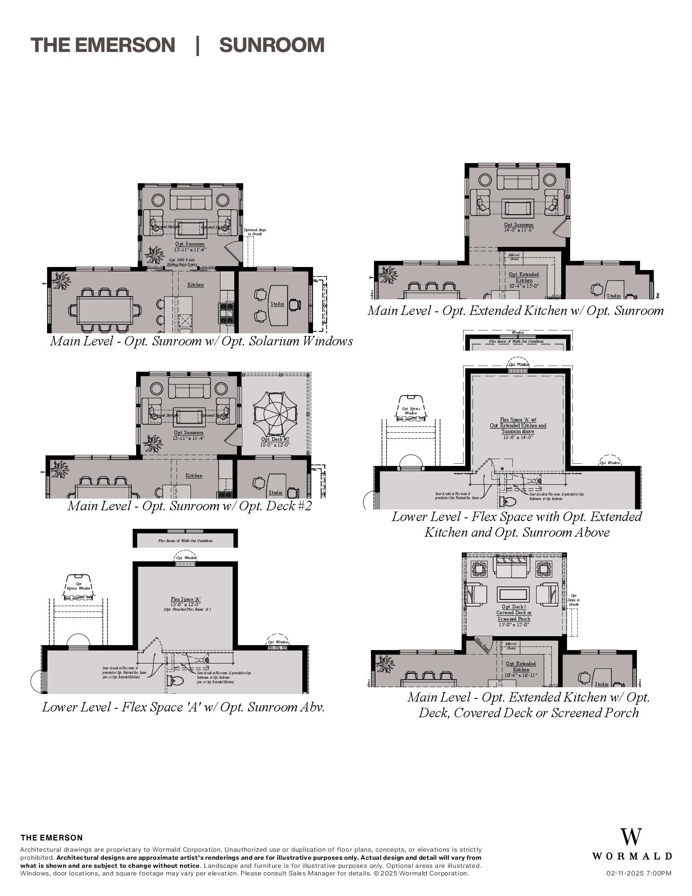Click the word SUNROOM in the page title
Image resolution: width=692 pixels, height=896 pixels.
click(x=271, y=45)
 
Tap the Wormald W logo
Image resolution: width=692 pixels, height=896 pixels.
click(x=631, y=837)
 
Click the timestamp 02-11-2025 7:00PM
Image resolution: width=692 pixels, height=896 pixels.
click(x=639, y=873)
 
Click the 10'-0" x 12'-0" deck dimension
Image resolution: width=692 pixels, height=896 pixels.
click(x=275, y=445)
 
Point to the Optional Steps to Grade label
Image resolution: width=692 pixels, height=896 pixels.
click(x=255, y=232)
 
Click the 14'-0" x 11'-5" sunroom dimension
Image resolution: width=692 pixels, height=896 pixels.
click(x=518, y=230)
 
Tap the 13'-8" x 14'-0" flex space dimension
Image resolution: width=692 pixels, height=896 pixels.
click(x=517, y=437)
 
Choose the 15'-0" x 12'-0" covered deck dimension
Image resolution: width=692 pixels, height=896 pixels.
click(x=514, y=625)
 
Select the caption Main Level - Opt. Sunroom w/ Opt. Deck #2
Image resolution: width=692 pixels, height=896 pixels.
click(x=189, y=506)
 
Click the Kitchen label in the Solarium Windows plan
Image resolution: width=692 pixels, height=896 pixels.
click(x=195, y=284)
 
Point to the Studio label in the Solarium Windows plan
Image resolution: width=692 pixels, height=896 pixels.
click(x=277, y=304)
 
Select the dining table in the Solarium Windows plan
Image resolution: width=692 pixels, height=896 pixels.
click(x=105, y=310)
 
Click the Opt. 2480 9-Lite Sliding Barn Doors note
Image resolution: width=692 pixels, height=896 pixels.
click(x=181, y=262)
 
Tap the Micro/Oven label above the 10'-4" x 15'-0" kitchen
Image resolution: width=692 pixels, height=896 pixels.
click(x=514, y=257)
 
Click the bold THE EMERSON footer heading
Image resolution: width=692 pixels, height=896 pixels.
click(x=52, y=838)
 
